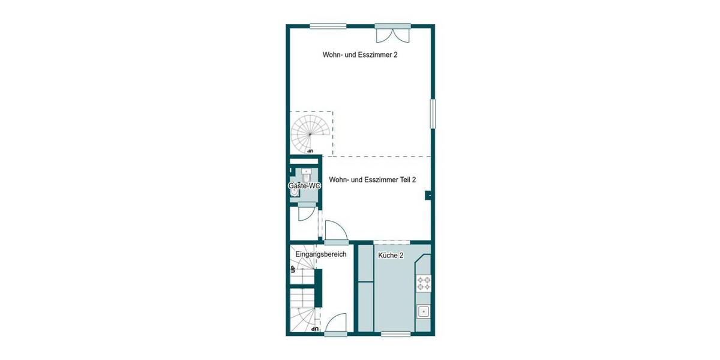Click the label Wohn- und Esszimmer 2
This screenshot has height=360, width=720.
pos(360,55)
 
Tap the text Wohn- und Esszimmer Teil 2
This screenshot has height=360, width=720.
pos(373,179)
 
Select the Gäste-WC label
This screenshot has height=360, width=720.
pos(304,186)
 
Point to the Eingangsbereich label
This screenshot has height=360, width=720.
pos(320,254)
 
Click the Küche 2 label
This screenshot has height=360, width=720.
pos(391,256)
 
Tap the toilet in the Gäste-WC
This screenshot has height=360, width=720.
pos(307,176)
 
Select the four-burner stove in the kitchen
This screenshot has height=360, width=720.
pos(424,283)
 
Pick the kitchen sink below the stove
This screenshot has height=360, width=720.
pos(423,311)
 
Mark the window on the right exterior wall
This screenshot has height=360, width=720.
pos(433,113)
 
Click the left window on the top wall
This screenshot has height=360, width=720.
pos(328,25)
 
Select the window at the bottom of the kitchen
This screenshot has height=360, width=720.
pos(396,334)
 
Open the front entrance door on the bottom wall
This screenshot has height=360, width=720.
pos(335,325)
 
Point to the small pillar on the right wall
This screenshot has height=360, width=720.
pos(428,194)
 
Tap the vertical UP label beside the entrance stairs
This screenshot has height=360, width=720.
pos(293,268)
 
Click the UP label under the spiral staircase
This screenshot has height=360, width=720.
pos(310,151)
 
